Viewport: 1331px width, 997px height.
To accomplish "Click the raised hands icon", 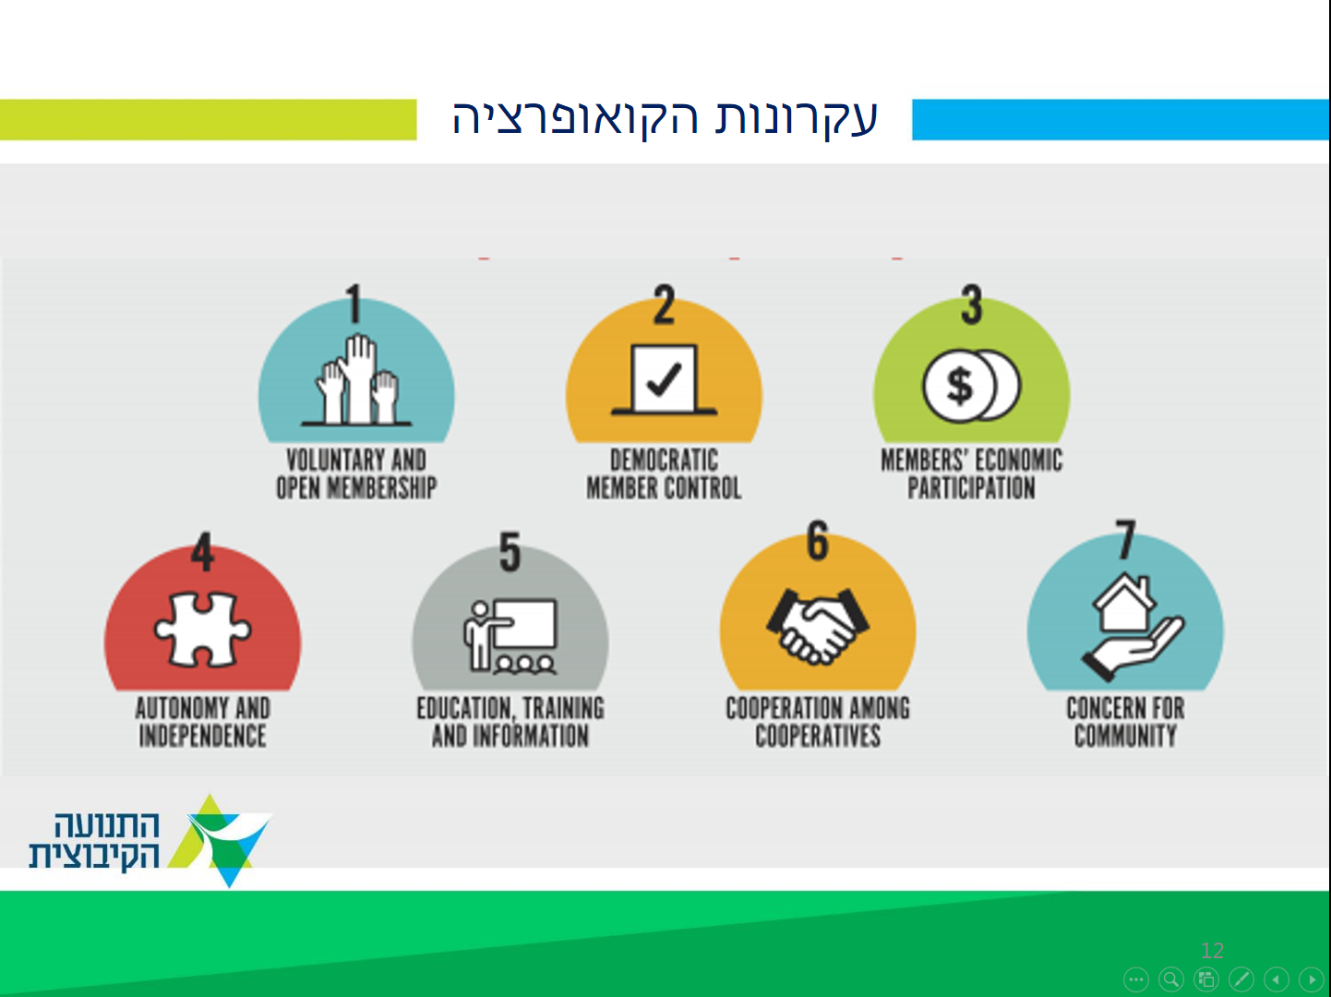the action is (356, 379).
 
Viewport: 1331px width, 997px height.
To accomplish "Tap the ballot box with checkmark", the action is (664, 379).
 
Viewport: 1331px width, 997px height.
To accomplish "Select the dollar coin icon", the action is (971, 385).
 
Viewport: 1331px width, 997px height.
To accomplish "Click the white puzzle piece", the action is (202, 630).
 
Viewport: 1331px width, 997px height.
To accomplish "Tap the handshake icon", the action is (818, 626).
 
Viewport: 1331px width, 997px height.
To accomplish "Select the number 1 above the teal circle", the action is (354, 303).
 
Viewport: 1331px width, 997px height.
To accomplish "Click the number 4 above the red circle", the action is (202, 551).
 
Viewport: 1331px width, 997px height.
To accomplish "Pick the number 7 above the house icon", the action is (1125, 539).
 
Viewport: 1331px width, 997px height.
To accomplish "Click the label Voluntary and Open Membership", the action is (356, 474).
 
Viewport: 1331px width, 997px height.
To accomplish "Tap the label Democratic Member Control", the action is (664, 474).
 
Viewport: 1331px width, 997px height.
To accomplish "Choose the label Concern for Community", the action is (1125, 722).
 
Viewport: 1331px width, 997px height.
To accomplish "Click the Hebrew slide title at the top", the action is (665, 117).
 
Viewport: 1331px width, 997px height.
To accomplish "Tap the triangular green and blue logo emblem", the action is (220, 841).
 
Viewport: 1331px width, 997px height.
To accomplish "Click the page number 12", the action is (1212, 950).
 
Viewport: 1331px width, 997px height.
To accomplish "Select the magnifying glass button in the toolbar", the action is (1171, 979).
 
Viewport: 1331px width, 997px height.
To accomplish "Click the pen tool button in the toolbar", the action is (1241, 979).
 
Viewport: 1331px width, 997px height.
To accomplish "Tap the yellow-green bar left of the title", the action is (208, 119).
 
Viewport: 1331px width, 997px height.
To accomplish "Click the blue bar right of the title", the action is (1121, 119).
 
